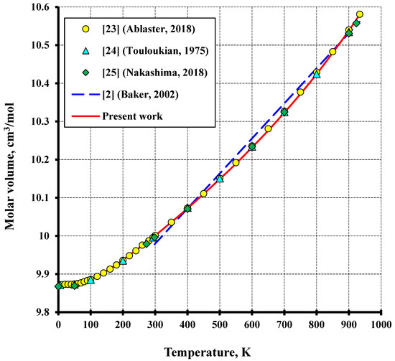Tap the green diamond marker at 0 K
click(x=58, y=286)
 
